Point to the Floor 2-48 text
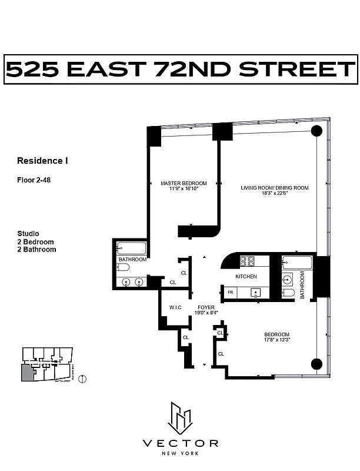[34, 180]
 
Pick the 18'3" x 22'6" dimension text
[274, 194]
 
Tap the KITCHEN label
[246, 276]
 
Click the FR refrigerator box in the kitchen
[231, 291]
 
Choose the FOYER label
[206, 307]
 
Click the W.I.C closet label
[174, 307]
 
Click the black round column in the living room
[316, 131]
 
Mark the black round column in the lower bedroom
[316, 364]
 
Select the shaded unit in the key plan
[27, 372]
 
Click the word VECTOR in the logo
[181, 443]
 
